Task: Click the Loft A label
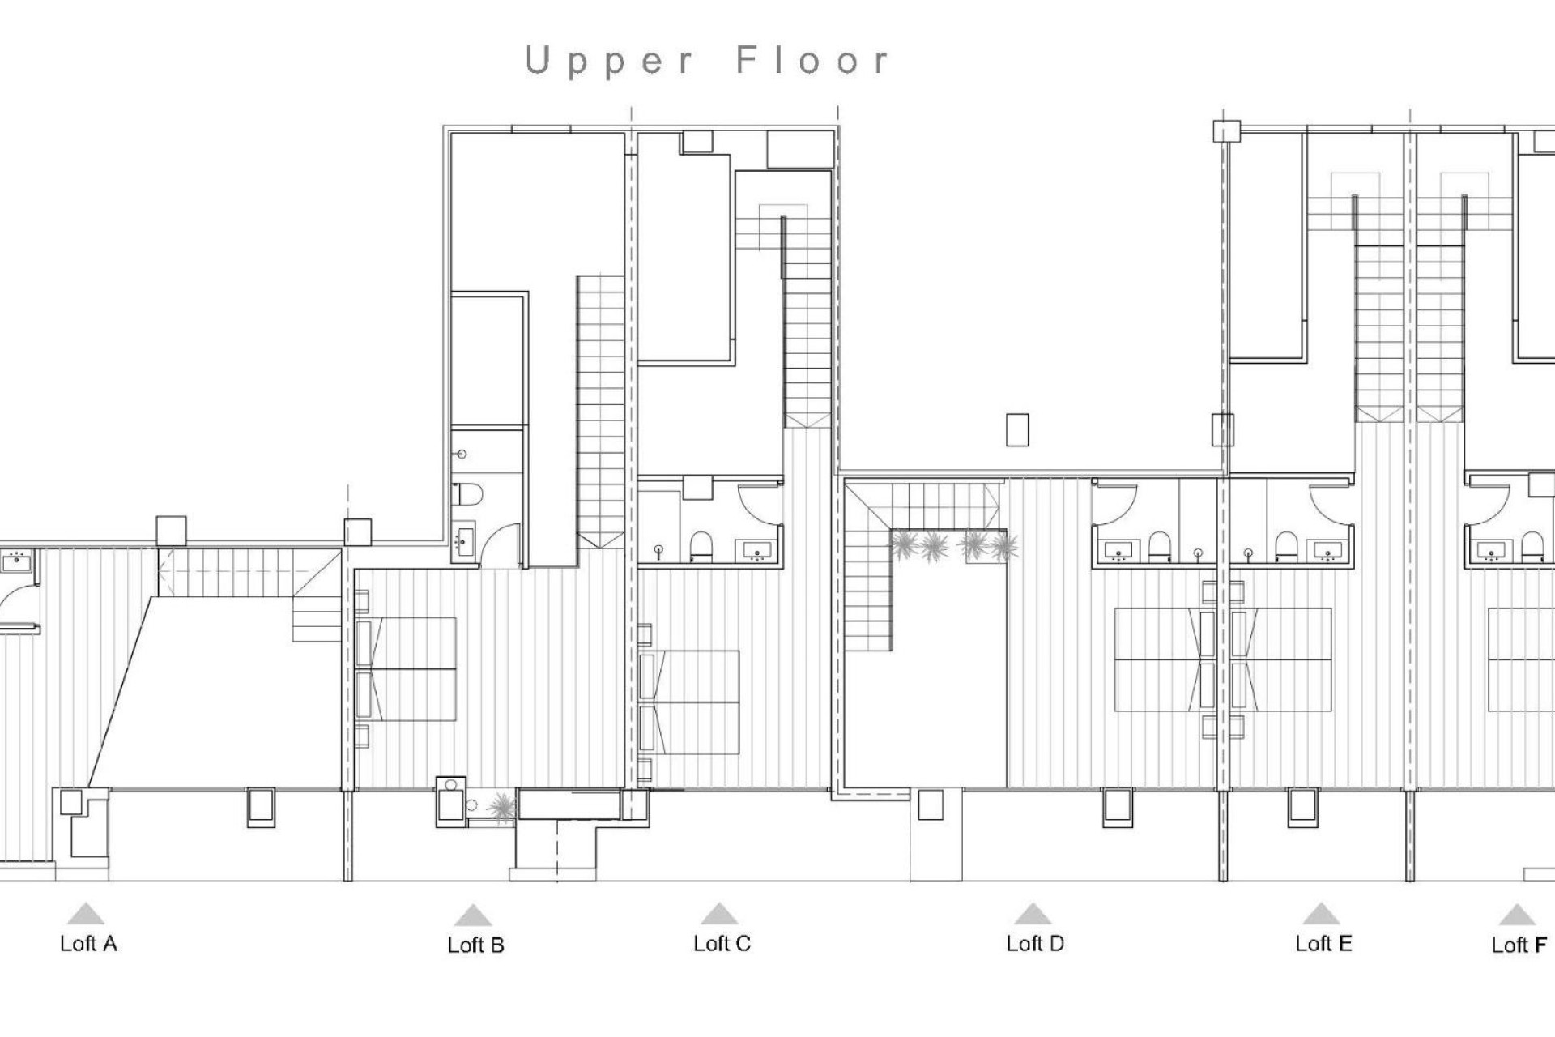click(x=88, y=943)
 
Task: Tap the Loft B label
click(x=475, y=945)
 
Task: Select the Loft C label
click(x=722, y=943)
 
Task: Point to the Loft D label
click(x=1034, y=943)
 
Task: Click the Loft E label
click(x=1323, y=943)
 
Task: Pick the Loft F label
click(x=1519, y=945)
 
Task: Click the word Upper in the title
click(x=609, y=62)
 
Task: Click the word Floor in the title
click(x=812, y=62)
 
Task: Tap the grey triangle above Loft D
click(x=1032, y=914)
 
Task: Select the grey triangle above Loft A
click(x=85, y=914)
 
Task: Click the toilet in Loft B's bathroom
click(x=468, y=493)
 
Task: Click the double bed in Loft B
click(x=407, y=668)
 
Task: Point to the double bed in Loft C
click(x=690, y=702)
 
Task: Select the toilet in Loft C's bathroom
click(x=701, y=547)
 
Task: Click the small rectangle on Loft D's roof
click(x=1017, y=429)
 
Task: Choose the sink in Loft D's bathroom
click(x=1118, y=551)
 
